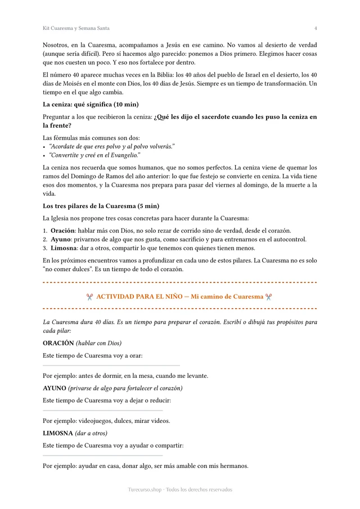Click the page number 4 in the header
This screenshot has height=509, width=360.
tap(316, 28)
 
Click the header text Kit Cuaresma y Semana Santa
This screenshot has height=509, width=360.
tap(76, 28)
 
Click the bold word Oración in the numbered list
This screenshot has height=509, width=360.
tap(63, 231)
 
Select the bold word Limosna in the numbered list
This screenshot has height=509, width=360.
tap(65, 248)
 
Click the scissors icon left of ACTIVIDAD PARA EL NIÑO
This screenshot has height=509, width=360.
tap(89, 296)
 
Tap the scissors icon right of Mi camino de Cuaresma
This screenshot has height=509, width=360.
tap(269, 296)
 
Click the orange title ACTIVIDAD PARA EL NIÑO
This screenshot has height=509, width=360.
tap(142, 296)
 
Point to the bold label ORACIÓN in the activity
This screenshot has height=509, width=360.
tap(58, 343)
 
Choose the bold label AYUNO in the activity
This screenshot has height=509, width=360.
tap(55, 388)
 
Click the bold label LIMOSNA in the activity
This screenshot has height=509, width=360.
tap(58, 433)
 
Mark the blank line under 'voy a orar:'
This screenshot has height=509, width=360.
tap(111, 366)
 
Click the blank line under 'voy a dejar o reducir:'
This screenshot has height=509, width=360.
tap(103, 411)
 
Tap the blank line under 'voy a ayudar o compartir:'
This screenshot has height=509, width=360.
tap(103, 456)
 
